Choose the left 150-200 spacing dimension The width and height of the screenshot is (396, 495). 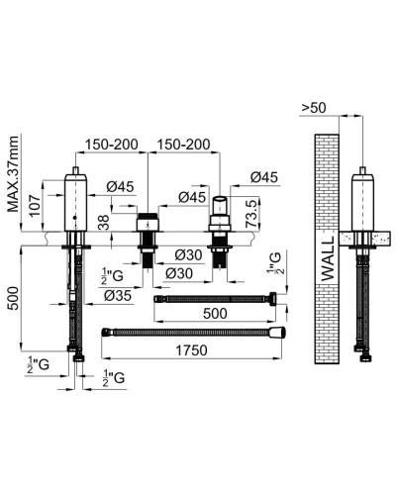point(112,143)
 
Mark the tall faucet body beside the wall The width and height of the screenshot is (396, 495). point(366,203)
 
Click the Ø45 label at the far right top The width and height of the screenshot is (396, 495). point(250,177)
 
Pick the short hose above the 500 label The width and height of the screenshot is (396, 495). point(219,296)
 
